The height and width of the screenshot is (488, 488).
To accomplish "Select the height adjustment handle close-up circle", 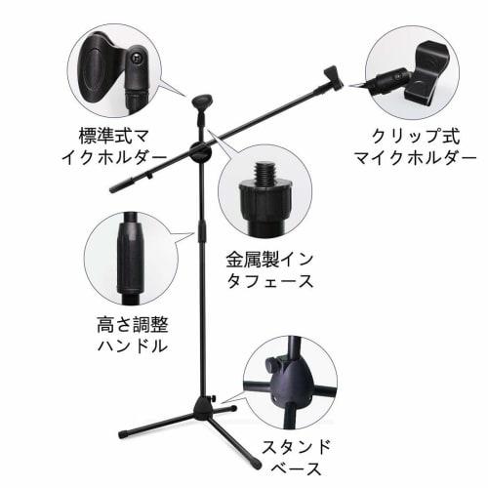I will (x=129, y=258).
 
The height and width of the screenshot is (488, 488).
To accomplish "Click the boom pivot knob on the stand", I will (x=203, y=153).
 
